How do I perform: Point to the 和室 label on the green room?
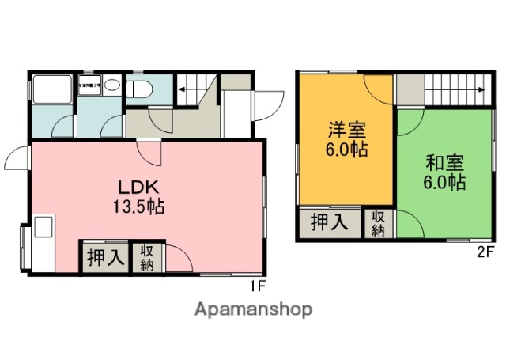[444, 164]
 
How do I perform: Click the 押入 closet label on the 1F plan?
[104, 258]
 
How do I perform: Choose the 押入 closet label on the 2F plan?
[328, 222]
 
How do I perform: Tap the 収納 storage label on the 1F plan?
[147, 258]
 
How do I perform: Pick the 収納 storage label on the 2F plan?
[379, 223]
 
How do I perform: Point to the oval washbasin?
[112, 85]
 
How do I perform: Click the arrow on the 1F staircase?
[181, 89]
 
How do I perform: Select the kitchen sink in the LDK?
[43, 229]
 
